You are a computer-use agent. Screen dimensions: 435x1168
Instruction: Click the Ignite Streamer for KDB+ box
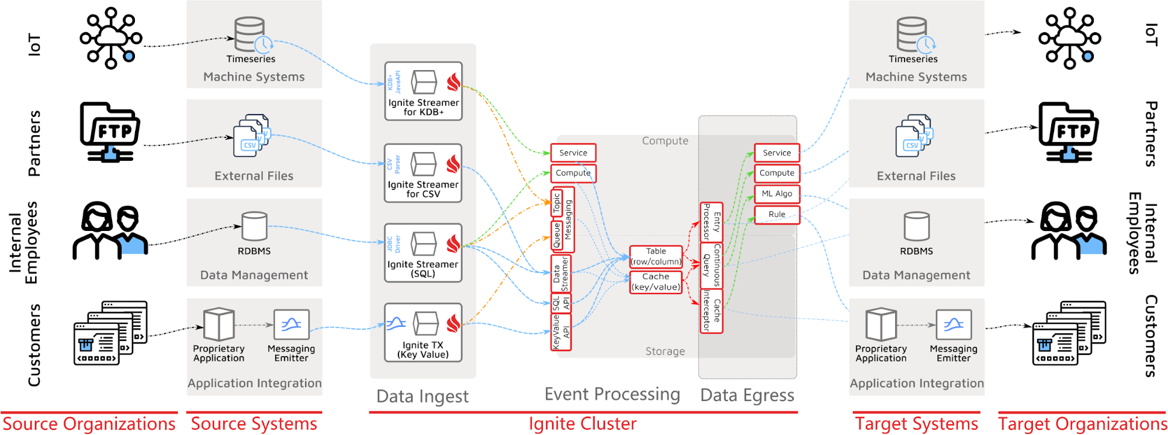(x=423, y=91)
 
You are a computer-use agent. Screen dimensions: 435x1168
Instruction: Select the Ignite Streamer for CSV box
(x=423, y=173)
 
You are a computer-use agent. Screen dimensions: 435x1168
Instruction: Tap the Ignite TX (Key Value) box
(x=423, y=332)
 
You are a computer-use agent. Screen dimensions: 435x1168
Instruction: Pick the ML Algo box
(x=777, y=194)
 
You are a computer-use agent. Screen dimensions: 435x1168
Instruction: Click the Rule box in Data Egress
(x=777, y=214)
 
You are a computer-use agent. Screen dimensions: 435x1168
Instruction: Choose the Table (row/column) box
(x=656, y=256)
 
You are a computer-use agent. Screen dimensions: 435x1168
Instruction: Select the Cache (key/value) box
(x=656, y=282)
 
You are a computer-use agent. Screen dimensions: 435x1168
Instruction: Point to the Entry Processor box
(x=711, y=222)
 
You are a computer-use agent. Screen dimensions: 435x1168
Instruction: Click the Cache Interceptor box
(x=711, y=311)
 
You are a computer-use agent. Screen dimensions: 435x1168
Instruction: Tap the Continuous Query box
(x=711, y=265)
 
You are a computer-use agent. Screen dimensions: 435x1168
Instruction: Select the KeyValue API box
(x=561, y=332)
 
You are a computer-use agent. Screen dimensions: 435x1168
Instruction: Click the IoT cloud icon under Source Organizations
(x=110, y=38)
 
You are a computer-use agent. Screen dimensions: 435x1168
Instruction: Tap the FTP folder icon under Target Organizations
(x=1069, y=132)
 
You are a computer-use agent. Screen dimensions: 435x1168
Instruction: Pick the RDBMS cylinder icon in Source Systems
(x=254, y=226)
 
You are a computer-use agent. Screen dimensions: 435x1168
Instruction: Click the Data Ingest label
(x=422, y=396)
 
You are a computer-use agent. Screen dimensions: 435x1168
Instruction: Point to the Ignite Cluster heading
(x=583, y=423)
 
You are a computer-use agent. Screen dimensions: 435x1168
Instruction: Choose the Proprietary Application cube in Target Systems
(x=881, y=324)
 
